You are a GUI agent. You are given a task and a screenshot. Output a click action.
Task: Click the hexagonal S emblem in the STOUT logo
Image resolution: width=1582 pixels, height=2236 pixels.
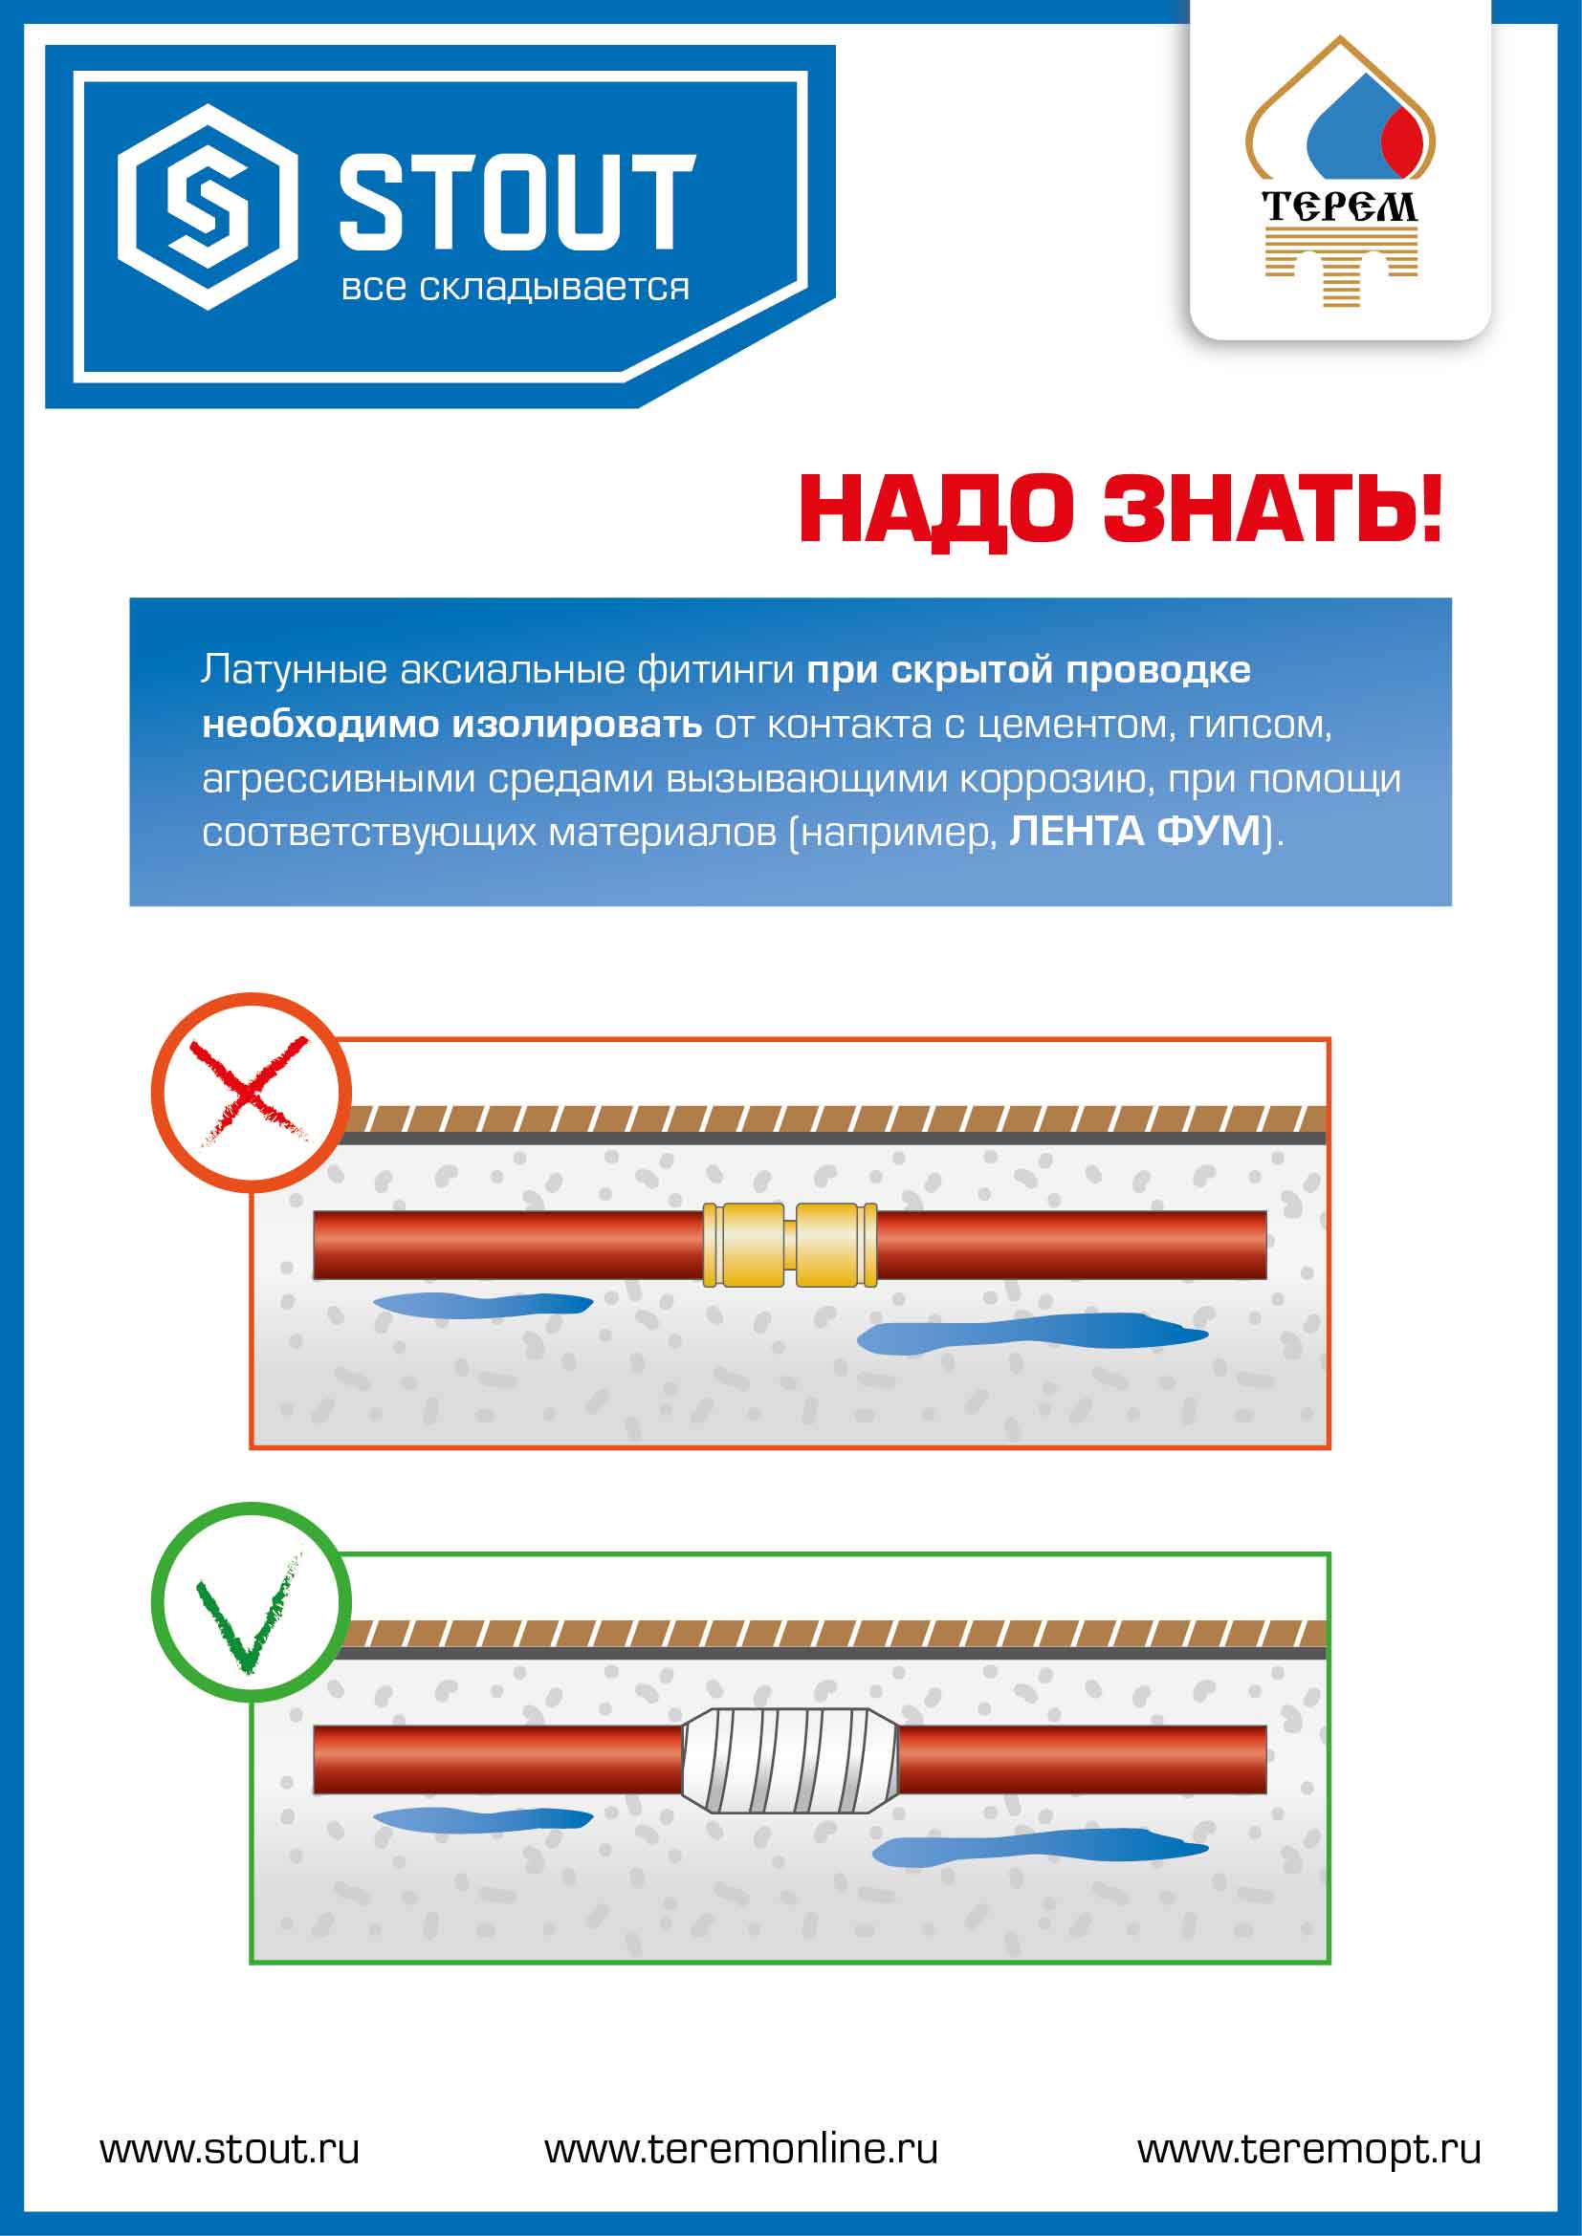pyautogui.click(x=208, y=207)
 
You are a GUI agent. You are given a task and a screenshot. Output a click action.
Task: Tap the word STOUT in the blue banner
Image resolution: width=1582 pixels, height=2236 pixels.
pyautogui.click(x=517, y=201)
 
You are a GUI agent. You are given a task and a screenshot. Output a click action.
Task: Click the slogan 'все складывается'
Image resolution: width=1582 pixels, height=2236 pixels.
pyautogui.click(x=516, y=289)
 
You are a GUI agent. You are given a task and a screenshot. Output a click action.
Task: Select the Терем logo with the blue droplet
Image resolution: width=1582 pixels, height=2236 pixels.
pyautogui.click(x=1340, y=171)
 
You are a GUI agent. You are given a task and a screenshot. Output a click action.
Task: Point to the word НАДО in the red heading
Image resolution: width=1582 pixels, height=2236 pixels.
pyautogui.click(x=939, y=510)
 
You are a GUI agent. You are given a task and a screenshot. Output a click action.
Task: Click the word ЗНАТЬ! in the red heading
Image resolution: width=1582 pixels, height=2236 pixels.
pyautogui.click(x=1272, y=509)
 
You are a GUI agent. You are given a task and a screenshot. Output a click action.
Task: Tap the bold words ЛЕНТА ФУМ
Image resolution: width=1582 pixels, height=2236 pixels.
pyautogui.click(x=1135, y=832)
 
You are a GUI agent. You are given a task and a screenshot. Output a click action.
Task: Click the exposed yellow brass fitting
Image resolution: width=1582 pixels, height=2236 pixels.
pyautogui.click(x=790, y=1245)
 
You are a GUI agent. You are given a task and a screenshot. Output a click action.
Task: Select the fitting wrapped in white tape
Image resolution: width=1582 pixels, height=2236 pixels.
pyautogui.click(x=789, y=1761)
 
